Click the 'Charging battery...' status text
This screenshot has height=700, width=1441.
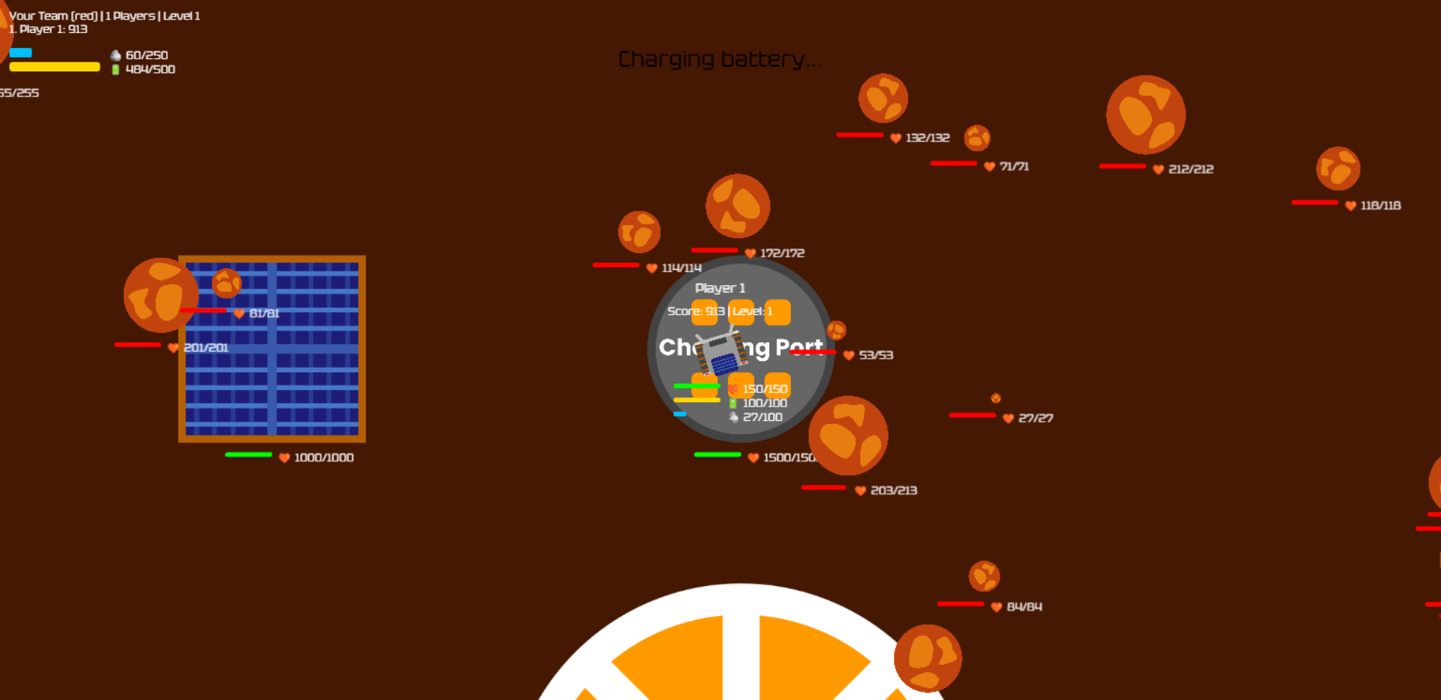[x=719, y=59]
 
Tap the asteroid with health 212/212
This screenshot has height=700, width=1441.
[x=1145, y=115]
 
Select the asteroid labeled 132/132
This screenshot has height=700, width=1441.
[x=883, y=98]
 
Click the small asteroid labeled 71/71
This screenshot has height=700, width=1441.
[x=976, y=138]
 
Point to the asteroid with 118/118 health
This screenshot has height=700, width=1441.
[x=1337, y=168]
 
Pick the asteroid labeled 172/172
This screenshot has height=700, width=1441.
[x=737, y=206]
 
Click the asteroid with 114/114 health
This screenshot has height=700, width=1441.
[x=639, y=232]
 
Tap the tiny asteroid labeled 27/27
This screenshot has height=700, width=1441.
[x=995, y=398]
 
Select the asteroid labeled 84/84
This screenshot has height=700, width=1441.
[x=984, y=576]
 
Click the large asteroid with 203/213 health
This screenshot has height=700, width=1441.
[x=848, y=435]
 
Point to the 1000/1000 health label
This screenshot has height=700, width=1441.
[x=323, y=458]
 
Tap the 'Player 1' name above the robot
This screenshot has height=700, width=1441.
[x=720, y=288]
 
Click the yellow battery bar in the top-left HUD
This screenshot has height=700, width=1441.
[x=54, y=67]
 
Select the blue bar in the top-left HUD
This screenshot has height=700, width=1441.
[x=20, y=53]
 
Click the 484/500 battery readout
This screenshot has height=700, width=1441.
[x=150, y=69]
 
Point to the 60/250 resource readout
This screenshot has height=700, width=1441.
[x=146, y=56]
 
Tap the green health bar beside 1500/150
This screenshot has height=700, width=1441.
[x=717, y=455]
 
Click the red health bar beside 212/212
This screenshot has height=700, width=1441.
[x=1122, y=166]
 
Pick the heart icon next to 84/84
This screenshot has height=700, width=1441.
[x=996, y=607]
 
